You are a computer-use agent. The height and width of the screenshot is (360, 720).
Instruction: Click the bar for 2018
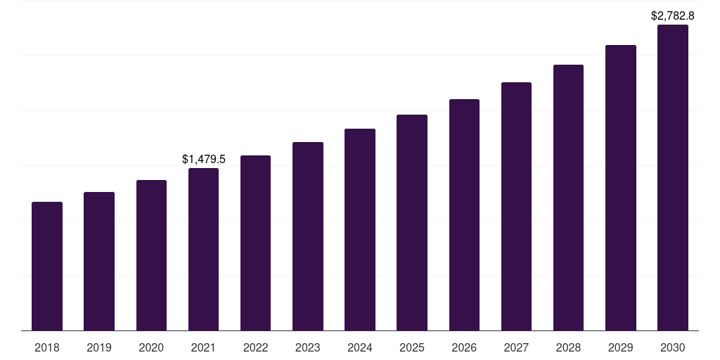[x=47, y=266]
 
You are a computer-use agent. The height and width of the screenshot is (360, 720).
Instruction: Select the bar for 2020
[x=151, y=255]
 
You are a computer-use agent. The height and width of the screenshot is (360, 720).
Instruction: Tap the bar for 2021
[x=203, y=250]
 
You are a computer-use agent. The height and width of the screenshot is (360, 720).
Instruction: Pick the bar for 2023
[x=308, y=236]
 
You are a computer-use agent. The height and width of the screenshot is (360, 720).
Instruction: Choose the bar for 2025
[x=412, y=223]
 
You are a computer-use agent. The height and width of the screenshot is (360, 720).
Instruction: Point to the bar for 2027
[x=516, y=207]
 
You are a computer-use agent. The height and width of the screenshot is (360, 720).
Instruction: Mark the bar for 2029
[x=621, y=188]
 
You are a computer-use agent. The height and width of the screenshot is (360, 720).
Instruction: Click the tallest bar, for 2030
[x=673, y=178]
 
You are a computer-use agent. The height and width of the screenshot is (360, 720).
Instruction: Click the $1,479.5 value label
[x=203, y=160]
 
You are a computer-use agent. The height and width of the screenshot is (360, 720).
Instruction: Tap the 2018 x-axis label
[x=47, y=347]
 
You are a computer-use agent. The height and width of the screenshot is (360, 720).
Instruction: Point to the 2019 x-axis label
[x=99, y=347]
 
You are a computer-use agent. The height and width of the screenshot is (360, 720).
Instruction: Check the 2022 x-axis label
[x=256, y=347]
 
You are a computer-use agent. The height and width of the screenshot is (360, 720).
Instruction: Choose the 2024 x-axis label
[x=360, y=347]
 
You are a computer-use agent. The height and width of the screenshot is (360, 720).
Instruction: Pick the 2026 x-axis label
[x=464, y=347]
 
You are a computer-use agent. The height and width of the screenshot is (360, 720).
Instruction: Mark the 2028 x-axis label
[x=568, y=347]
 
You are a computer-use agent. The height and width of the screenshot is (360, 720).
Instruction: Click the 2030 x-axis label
[x=673, y=347]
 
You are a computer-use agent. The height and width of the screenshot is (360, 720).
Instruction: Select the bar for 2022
[x=256, y=243]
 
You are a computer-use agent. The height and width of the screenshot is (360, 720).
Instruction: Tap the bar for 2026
[x=464, y=215]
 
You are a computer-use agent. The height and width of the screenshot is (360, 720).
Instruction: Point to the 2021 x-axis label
[x=203, y=347]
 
